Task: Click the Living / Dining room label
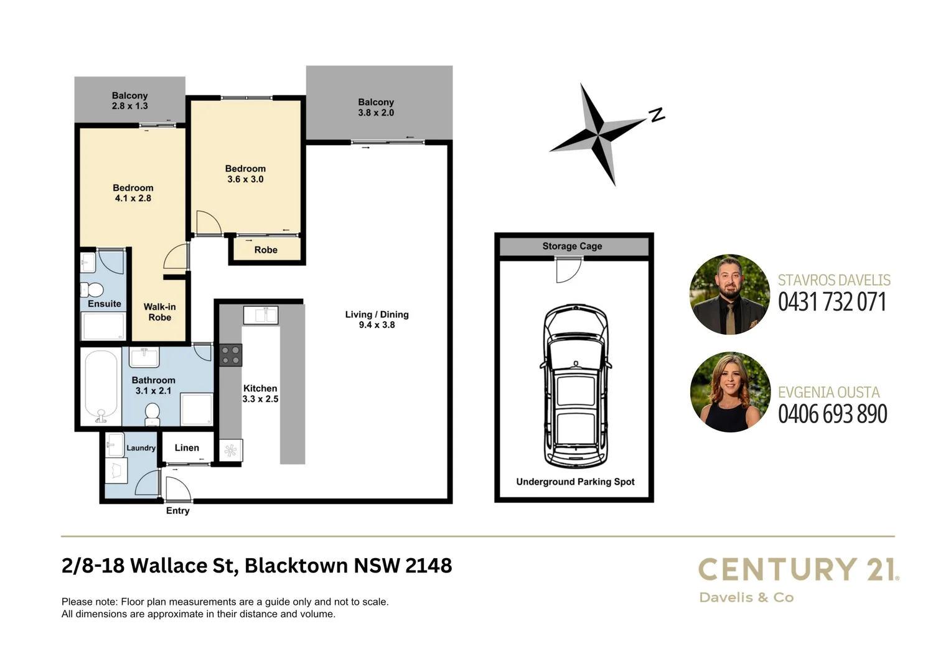tap(377, 319)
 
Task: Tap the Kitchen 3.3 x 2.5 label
tap(260, 393)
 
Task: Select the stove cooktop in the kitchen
tap(230, 355)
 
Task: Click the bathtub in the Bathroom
tap(101, 386)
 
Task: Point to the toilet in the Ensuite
tap(93, 290)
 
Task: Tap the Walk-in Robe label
tap(159, 312)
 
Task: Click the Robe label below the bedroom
tap(266, 250)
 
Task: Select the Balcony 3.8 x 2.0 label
tap(376, 107)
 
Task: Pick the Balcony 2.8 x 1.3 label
tap(129, 101)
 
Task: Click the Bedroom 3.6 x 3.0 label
tap(245, 174)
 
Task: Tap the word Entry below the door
tap(177, 511)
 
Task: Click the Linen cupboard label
tap(187, 448)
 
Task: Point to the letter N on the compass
tap(657, 114)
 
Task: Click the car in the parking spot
tap(575, 386)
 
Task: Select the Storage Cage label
tap(572, 246)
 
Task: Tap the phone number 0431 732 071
tap(832, 302)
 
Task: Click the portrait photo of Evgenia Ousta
tap(730, 392)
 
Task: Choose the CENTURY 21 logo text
tap(798, 569)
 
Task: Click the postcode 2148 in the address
tap(428, 566)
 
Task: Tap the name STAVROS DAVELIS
tap(834, 281)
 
